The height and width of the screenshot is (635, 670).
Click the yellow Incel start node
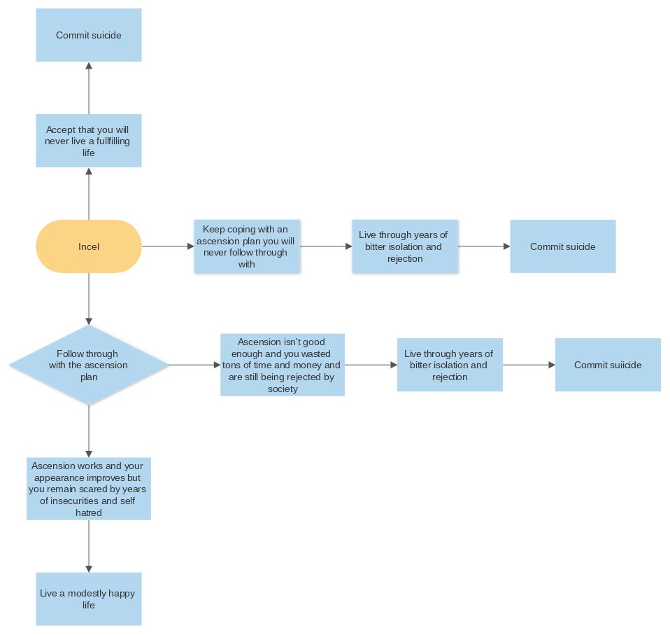89,246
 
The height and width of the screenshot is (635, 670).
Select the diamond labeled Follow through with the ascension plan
89,365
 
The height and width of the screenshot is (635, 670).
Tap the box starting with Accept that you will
89,141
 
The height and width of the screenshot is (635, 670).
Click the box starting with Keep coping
247,246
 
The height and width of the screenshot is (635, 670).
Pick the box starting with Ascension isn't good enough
283,365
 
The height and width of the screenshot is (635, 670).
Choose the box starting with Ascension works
89,489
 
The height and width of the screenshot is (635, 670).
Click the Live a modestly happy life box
89,599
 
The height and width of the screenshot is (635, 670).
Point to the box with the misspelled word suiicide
608,365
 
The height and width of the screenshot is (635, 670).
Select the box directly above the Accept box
89,35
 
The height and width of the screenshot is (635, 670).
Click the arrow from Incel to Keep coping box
168,246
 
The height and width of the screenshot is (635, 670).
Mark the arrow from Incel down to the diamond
89,299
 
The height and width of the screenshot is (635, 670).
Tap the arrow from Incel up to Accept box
89,193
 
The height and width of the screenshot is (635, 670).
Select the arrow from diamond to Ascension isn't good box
194,365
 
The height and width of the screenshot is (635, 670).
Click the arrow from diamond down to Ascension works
89,431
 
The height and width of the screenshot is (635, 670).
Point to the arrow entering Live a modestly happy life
89,546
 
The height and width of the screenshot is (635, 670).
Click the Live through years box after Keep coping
405,246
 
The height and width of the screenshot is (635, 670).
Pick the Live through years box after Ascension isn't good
450,365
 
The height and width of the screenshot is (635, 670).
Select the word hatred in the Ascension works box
89,512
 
